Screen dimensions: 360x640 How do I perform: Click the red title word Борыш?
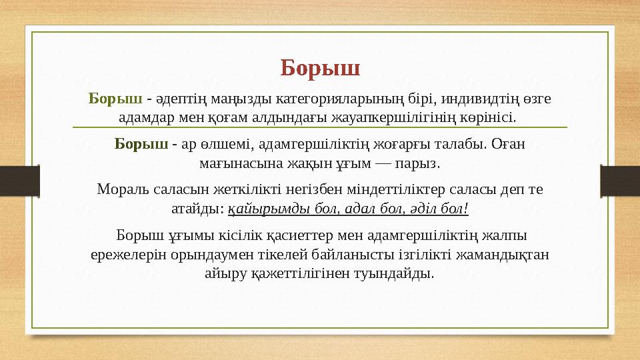tap(320, 68)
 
